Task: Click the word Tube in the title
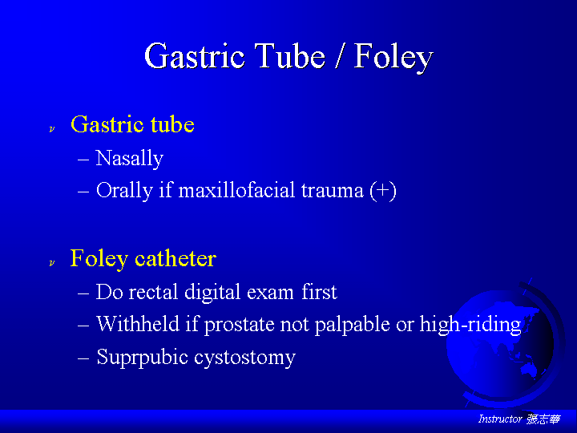290,55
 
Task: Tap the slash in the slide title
339,55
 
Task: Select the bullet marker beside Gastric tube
52,129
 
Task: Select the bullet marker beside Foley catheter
52,263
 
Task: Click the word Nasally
130,159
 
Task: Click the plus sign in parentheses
383,191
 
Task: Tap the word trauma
333,191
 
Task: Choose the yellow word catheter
176,258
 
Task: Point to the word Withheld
138,324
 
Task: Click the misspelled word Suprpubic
143,358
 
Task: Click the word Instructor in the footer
500,419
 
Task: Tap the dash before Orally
83,192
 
